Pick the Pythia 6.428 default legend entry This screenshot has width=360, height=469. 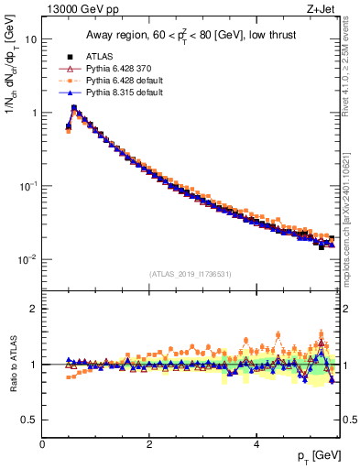click(120, 80)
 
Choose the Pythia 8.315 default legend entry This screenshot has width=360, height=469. click(120, 93)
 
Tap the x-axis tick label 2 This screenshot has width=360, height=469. click(149, 444)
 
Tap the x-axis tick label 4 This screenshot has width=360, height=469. click(256, 444)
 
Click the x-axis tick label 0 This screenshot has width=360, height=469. click(42, 444)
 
